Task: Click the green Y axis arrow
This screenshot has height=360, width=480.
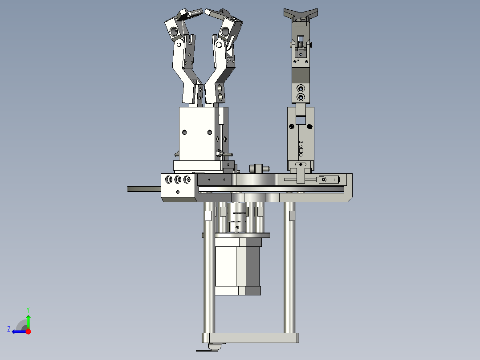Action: [x=28, y=320]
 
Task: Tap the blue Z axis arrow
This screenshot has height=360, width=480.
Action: [x=17, y=331]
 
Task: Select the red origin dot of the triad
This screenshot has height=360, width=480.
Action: [x=28, y=331]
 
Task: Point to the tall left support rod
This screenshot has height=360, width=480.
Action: [x=209, y=276]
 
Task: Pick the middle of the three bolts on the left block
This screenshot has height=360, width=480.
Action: [x=178, y=180]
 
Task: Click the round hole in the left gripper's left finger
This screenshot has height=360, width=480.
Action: [x=173, y=31]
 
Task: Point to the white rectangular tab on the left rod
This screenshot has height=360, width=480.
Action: [x=207, y=216]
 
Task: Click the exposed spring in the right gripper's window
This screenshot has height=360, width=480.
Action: [x=301, y=45]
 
